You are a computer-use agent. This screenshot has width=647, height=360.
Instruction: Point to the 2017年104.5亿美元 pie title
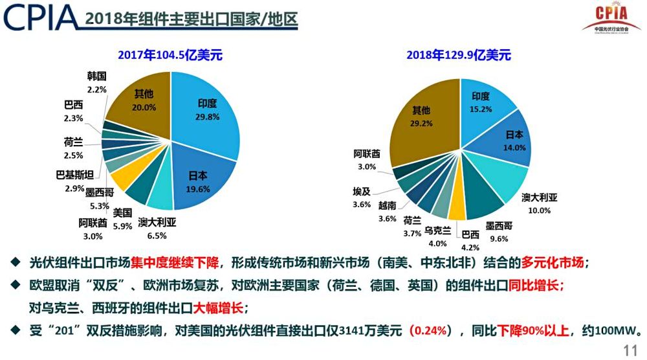click(170, 55)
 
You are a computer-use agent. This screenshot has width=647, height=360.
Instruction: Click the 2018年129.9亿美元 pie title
click(459, 55)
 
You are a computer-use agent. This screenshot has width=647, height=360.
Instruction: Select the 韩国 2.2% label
click(96, 83)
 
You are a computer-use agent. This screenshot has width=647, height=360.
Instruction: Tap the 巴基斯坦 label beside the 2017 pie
click(74, 175)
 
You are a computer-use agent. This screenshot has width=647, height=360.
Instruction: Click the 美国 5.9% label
click(122, 219)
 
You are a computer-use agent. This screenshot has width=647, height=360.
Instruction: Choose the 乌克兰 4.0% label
click(438, 236)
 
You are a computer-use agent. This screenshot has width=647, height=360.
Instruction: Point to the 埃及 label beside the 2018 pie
click(362, 192)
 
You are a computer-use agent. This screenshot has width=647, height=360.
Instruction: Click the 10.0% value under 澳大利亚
click(540, 210)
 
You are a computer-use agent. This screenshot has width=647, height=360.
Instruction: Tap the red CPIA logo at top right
click(612, 19)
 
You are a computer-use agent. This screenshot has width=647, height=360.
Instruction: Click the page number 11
click(630, 350)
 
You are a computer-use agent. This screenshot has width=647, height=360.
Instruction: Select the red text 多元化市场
click(553, 263)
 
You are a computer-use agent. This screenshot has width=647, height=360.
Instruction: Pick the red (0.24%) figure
click(430, 331)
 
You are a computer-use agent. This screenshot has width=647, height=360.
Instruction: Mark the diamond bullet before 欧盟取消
click(16, 284)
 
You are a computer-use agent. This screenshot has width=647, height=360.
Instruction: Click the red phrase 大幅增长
click(219, 308)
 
